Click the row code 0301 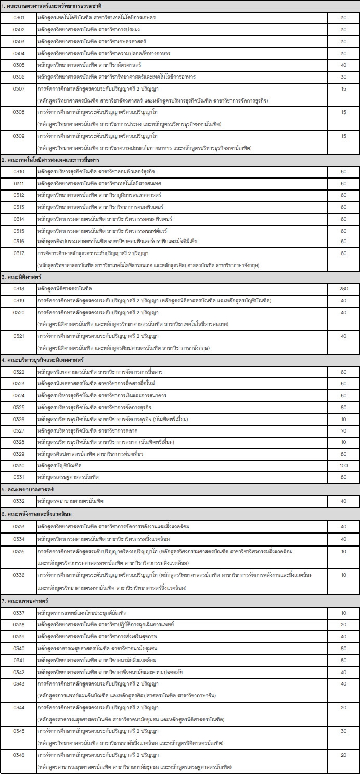coord(19,17)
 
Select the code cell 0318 coord(19,288)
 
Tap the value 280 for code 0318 coord(343,288)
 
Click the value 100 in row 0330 coord(343,465)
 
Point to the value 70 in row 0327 coord(343,431)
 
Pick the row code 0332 coord(19,501)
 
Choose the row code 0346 coord(19,755)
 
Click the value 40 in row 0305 coord(343,65)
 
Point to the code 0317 coord(19,253)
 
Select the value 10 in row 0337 coord(343,613)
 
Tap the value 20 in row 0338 coord(343,624)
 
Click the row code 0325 coord(19,407)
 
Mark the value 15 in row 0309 coord(343,136)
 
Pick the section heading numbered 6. coord(36,514)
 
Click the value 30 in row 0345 coord(343,731)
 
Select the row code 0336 coord(19,575)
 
